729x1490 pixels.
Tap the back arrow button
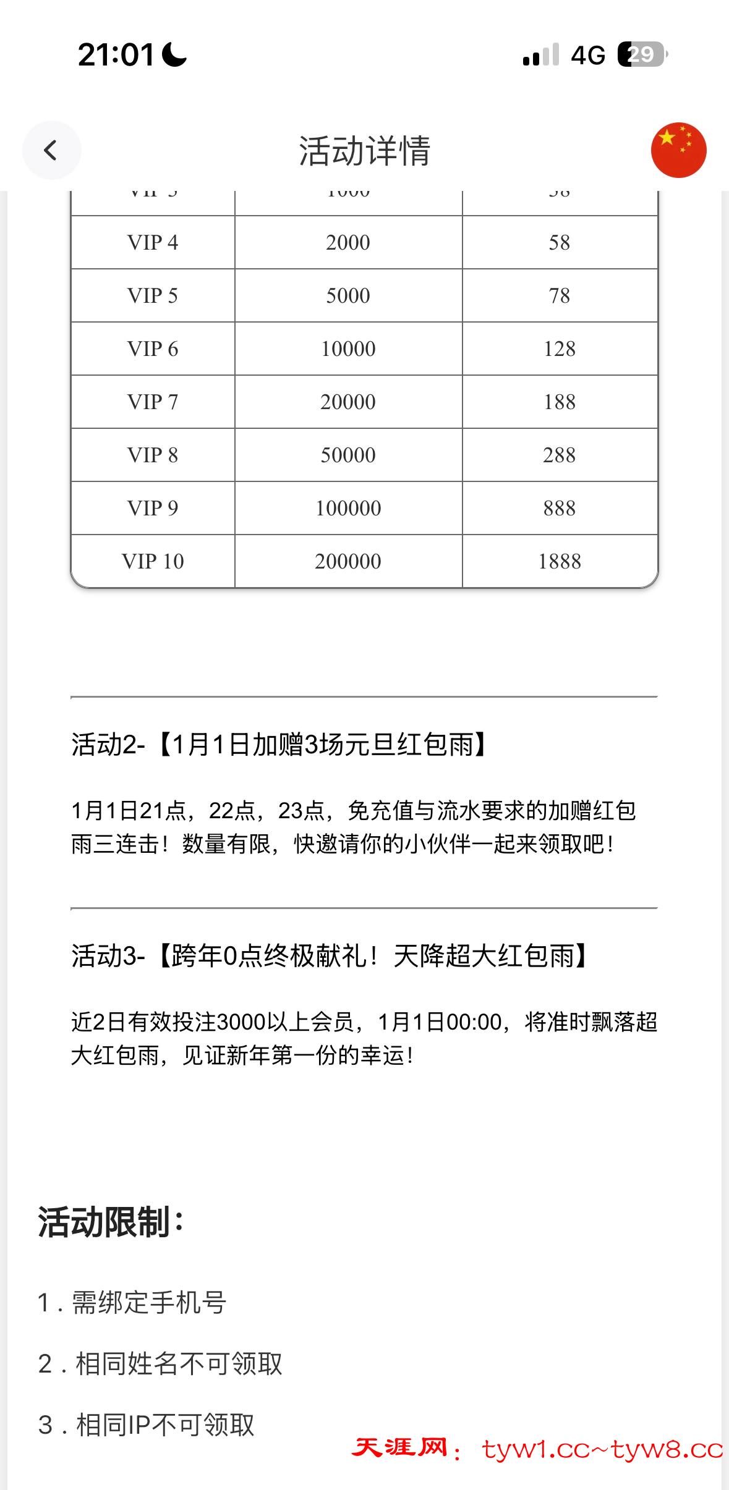(51, 150)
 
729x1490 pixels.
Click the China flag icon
(678, 150)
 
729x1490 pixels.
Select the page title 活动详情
(364, 151)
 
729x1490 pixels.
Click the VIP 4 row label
(153, 242)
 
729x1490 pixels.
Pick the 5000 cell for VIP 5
(348, 295)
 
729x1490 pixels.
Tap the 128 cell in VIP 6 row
(559, 349)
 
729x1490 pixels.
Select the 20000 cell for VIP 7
(348, 402)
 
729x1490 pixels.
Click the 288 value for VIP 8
(559, 455)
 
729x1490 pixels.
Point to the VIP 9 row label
(153, 508)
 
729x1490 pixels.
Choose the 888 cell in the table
(559, 508)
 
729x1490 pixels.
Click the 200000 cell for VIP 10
(348, 561)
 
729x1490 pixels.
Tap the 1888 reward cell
(559, 561)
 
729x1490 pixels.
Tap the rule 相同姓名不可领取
(160, 1364)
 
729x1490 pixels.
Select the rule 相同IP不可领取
(147, 1424)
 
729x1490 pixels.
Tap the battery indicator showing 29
(641, 55)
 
